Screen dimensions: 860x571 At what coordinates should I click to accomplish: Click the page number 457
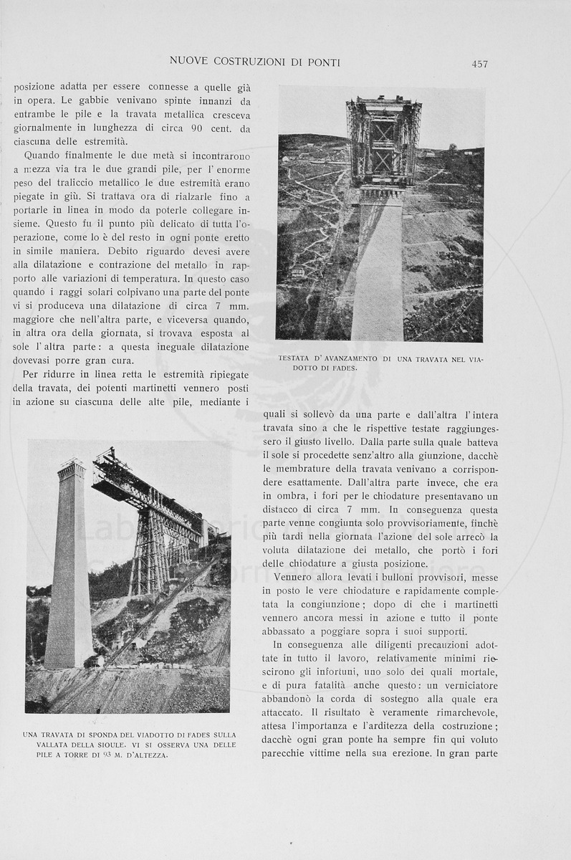480,64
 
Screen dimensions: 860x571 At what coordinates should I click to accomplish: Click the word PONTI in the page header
322,62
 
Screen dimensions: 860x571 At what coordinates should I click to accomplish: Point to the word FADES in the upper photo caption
343,368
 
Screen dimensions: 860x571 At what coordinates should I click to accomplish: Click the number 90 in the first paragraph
199,128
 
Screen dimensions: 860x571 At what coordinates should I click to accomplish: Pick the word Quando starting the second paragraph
44,155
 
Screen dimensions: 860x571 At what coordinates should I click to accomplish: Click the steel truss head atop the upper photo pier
383,140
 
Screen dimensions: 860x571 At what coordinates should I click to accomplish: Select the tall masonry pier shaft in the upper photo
378,272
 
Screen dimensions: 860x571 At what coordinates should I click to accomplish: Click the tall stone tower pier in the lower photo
69,566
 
